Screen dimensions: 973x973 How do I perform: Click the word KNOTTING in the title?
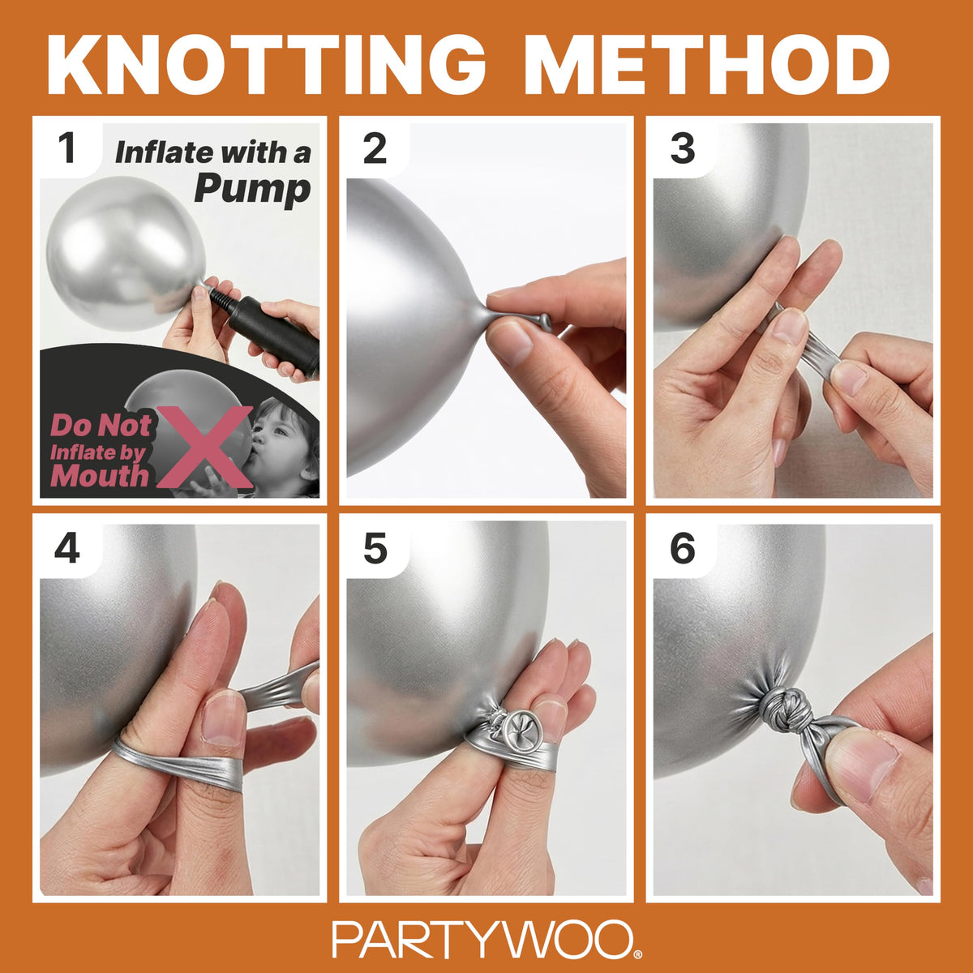pyautogui.click(x=267, y=64)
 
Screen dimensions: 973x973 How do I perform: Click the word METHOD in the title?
pyautogui.click(x=706, y=64)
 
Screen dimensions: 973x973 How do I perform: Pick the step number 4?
pyautogui.click(x=67, y=548)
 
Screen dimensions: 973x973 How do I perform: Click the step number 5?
pyautogui.click(x=375, y=548)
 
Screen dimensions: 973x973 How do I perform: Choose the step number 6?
pyautogui.click(x=683, y=548)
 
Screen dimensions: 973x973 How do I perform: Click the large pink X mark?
pyautogui.click(x=204, y=446)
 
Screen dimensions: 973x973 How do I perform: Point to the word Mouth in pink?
pyautogui.click(x=100, y=476)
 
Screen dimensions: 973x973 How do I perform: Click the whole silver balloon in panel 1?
pyautogui.click(x=126, y=252)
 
